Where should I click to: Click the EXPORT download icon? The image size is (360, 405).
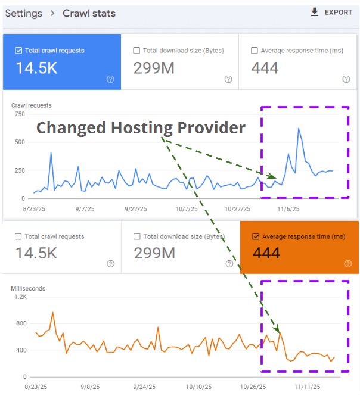[x=315, y=12]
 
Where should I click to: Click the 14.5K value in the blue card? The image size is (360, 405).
[x=36, y=68]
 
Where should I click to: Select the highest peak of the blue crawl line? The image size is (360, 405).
[x=298, y=129]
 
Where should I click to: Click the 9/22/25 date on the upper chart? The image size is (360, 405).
[x=136, y=209]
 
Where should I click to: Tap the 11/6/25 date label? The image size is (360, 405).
[x=287, y=209]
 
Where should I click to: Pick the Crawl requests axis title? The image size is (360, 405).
[x=31, y=105]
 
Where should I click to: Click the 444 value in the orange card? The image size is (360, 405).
[x=266, y=253]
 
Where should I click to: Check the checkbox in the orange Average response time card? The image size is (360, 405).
[x=256, y=236]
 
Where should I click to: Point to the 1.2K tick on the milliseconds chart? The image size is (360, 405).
[x=21, y=297]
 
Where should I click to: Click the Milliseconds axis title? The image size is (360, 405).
[x=28, y=289]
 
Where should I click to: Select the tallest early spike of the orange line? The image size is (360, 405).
[x=53, y=312]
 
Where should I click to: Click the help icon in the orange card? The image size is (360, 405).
[x=347, y=264]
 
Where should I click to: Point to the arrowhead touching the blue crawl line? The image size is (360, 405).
[x=274, y=177]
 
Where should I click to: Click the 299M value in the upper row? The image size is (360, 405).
[x=154, y=68]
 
